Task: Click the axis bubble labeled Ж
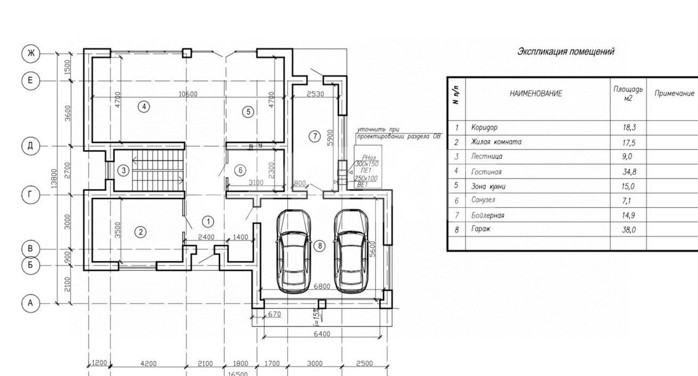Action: [31, 53]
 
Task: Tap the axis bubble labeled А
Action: [31, 303]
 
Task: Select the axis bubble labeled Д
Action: [31, 146]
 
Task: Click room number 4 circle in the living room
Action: [143, 107]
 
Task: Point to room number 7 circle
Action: [314, 137]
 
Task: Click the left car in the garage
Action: [293, 251]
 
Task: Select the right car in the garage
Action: [350, 251]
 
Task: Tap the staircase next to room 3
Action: [157, 170]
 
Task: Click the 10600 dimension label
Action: [188, 94]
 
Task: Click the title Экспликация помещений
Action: [565, 52]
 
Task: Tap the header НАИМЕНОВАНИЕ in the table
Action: [535, 93]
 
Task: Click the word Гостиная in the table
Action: [486, 172]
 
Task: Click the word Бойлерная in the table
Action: [488, 215]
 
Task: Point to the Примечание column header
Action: [673, 93]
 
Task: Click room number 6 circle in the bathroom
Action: [240, 170]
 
